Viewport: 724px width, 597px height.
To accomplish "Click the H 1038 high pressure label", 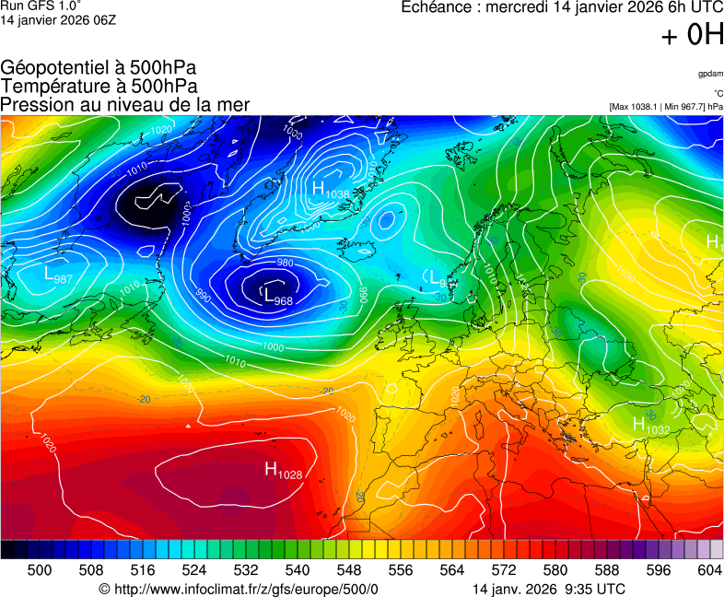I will [331, 190].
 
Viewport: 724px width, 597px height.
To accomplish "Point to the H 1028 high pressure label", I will [284, 471].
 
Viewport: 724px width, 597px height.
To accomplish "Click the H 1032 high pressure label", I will [651, 425].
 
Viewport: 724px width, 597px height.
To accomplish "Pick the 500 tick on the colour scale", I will [40, 570].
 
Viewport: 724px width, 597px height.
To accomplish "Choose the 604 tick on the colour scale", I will [710, 570].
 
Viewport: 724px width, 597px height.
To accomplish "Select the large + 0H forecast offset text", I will [692, 35].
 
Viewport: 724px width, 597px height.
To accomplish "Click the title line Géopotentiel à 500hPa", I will [99, 68].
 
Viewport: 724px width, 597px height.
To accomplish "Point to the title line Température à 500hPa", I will [99, 86].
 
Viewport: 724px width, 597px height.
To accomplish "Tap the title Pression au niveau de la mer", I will [125, 104].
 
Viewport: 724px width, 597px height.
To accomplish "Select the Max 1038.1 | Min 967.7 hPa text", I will [666, 107].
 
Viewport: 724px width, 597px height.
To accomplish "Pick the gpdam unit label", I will [710, 73].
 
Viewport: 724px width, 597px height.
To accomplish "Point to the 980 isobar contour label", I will [286, 263].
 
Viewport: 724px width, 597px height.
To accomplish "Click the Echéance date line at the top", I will [562, 7].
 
